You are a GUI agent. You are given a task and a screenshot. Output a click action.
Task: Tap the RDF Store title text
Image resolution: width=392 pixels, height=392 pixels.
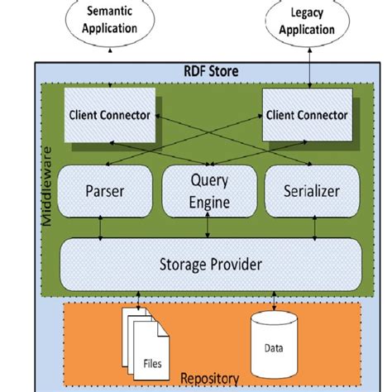tap(210, 72)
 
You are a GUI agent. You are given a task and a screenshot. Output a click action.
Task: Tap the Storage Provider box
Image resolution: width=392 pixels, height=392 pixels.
tap(208, 265)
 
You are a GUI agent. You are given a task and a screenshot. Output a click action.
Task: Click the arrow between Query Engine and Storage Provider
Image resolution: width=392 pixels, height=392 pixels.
tap(208, 227)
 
